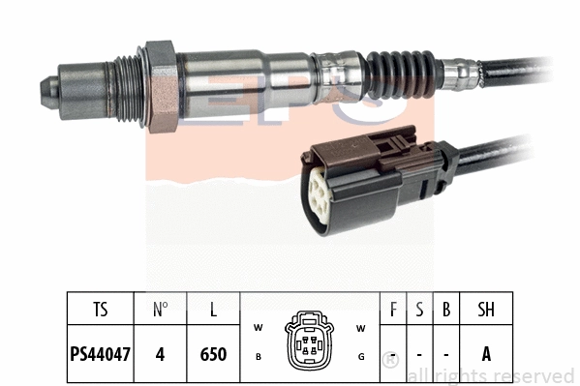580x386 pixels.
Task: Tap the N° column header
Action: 161,310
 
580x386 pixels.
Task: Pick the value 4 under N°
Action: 161,354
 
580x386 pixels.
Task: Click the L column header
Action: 212,310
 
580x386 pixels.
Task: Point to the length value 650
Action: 212,354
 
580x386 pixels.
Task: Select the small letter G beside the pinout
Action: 359,357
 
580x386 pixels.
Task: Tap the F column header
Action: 392,310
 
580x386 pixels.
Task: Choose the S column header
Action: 418,310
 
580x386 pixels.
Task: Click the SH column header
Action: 485,310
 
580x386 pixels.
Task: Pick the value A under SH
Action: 485,354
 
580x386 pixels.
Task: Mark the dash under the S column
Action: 418,354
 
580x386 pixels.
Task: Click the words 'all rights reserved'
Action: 491,375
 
